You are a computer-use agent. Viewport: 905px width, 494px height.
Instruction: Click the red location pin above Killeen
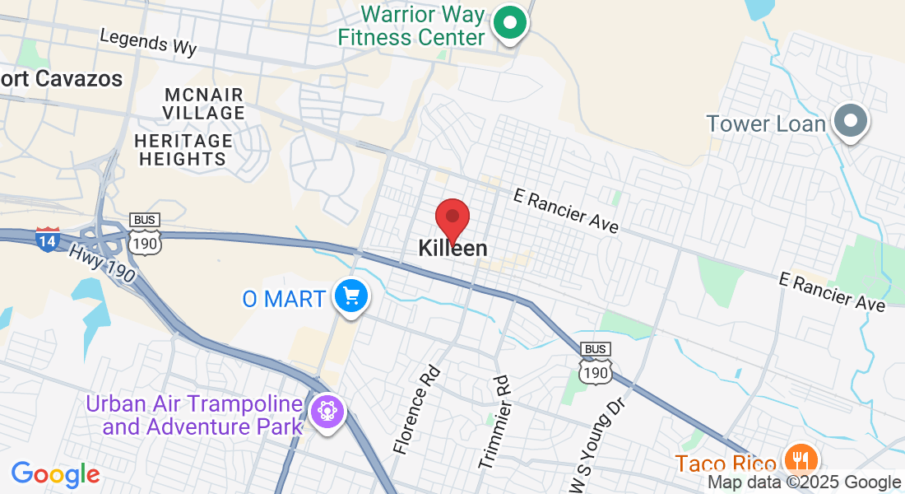pos(452,218)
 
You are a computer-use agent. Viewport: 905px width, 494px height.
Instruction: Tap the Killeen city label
pos(452,248)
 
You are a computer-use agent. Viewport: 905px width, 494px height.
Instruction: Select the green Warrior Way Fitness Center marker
pos(510,24)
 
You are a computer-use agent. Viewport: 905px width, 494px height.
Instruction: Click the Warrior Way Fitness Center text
pos(423,26)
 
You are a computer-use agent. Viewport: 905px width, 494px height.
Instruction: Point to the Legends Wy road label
pos(148,42)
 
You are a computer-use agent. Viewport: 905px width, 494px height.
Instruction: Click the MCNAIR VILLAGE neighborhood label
pos(204,103)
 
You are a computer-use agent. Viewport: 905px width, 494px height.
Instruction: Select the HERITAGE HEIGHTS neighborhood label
pos(183,150)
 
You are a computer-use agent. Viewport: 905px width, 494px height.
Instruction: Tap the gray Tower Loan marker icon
pos(851,123)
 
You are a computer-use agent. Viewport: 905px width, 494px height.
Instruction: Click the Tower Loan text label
pos(765,124)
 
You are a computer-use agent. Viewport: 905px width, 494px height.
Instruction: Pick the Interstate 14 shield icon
pos(48,240)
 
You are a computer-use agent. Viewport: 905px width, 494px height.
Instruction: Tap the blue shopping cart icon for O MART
pos(351,296)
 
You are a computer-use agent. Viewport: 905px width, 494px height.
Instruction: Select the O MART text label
pos(284,298)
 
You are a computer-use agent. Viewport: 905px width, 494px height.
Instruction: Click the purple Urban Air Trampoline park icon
pos(327,412)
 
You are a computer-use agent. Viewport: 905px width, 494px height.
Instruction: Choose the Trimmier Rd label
pos(494,422)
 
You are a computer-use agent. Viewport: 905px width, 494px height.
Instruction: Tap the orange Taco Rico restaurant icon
pos(797,459)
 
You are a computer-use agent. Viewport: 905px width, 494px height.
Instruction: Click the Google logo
pos(56,474)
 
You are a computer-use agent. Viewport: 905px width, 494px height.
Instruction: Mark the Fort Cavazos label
pos(62,79)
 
